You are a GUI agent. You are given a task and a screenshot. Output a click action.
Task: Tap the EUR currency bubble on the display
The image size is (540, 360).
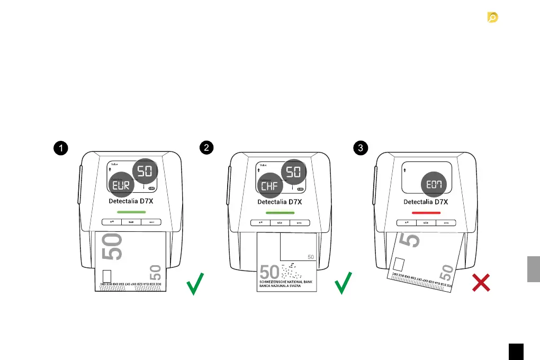pyautogui.click(x=123, y=185)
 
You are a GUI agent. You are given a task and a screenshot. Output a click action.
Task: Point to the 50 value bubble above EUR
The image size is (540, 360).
pyautogui.click(x=144, y=171)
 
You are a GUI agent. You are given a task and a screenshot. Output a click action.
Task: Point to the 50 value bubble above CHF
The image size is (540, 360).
pyautogui.click(x=293, y=171)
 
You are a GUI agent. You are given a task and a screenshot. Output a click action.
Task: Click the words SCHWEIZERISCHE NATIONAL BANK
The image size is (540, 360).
pyautogui.click(x=285, y=282)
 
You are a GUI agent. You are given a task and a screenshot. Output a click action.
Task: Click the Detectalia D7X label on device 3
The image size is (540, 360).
pyautogui.click(x=426, y=202)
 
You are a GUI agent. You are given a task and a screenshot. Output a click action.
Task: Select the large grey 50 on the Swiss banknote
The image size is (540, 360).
pyautogui.click(x=269, y=272)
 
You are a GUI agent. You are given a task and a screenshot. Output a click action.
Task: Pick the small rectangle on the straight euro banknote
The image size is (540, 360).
pyautogui.click(x=106, y=276)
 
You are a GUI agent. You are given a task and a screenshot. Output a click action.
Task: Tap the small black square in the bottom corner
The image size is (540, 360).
pyautogui.click(x=516, y=352)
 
